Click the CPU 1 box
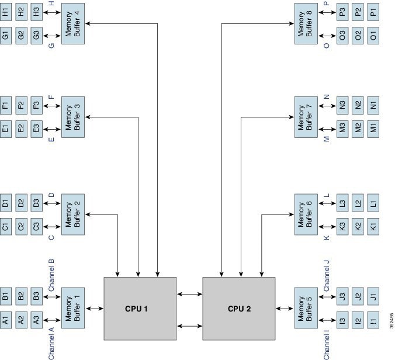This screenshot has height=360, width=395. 140,309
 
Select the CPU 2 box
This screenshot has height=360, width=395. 238,309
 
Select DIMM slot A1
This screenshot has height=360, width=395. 5,320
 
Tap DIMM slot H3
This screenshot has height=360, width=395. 36,12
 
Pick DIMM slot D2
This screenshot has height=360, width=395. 21,203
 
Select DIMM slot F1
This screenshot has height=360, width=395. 5,106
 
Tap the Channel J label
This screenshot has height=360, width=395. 327,275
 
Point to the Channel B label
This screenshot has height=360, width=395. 51,275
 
